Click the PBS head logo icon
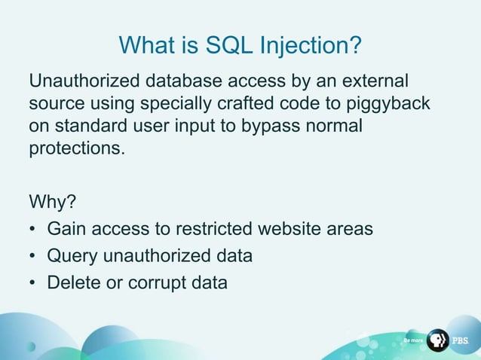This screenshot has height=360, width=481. (x=437, y=340)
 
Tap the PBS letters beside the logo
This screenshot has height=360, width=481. (x=461, y=341)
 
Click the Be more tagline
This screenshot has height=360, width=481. (x=413, y=341)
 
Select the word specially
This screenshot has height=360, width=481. (x=145, y=102)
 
